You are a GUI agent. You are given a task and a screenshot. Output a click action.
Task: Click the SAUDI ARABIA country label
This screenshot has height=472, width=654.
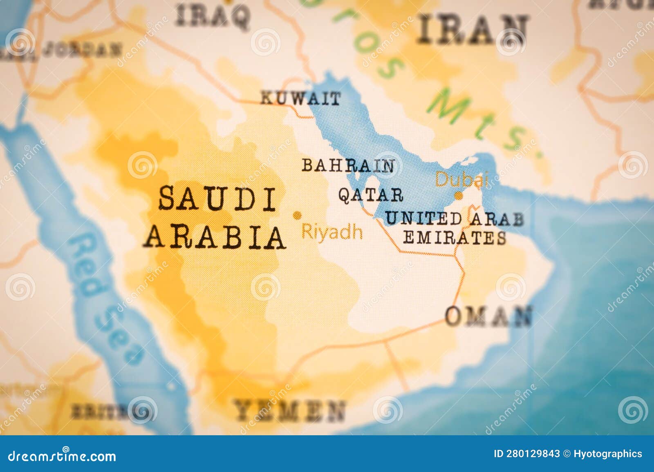[215, 218]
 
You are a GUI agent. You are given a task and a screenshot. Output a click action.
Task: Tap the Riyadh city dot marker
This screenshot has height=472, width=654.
[297, 215]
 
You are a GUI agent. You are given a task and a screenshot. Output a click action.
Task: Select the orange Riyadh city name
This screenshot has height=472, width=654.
[332, 232]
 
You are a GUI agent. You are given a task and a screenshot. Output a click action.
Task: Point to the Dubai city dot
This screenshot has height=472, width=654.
[459, 196]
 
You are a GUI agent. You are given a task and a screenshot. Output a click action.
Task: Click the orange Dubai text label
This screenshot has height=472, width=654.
[461, 179]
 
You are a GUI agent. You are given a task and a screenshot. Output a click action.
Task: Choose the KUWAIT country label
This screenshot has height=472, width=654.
[300, 98]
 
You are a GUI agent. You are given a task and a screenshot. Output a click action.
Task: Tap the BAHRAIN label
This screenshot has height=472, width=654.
[348, 165]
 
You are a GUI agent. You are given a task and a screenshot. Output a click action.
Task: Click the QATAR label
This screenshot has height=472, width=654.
[370, 195]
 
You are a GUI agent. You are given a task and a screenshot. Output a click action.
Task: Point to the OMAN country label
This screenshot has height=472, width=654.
[489, 316]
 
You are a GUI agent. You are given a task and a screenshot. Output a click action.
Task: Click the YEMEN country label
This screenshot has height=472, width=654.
[289, 410]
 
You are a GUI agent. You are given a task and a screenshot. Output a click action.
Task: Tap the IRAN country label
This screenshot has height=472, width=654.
[473, 29]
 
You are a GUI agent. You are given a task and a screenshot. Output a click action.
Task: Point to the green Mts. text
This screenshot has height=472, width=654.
[482, 122]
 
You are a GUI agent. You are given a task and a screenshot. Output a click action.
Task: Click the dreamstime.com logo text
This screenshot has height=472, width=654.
[62, 456]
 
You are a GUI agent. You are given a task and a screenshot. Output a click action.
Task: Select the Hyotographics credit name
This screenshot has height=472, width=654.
[607, 454]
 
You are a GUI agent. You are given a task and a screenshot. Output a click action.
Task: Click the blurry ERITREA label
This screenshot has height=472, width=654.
[98, 412]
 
